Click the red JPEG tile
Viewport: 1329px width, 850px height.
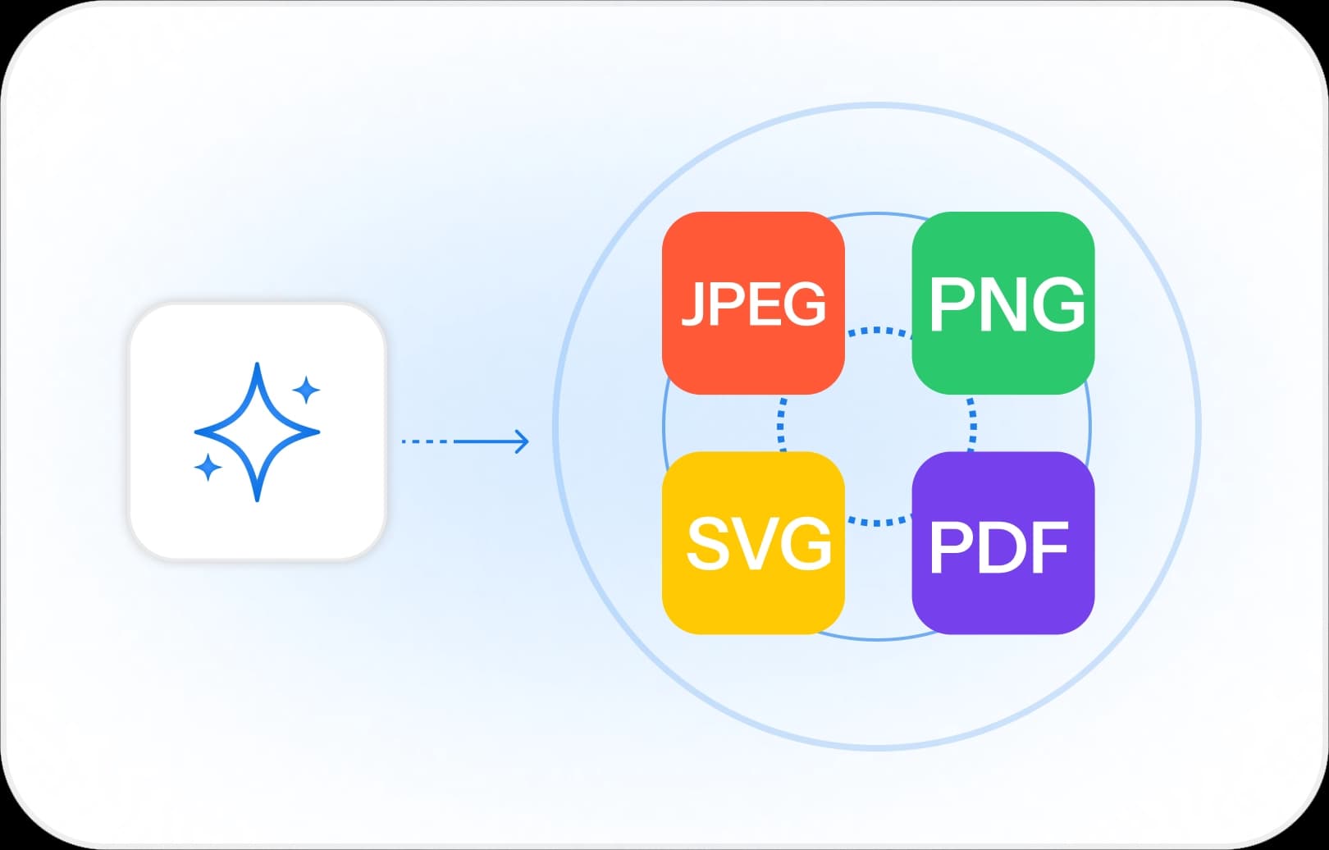tap(753, 246)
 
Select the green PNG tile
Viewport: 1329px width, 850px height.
tap(1002, 246)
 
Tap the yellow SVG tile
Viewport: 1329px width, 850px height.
tap(753, 599)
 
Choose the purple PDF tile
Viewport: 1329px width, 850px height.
tap(1002, 599)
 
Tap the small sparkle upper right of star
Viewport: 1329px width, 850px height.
tap(306, 390)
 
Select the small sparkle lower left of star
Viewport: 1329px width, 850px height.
tap(208, 467)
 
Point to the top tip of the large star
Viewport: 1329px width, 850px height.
tap(258, 366)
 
